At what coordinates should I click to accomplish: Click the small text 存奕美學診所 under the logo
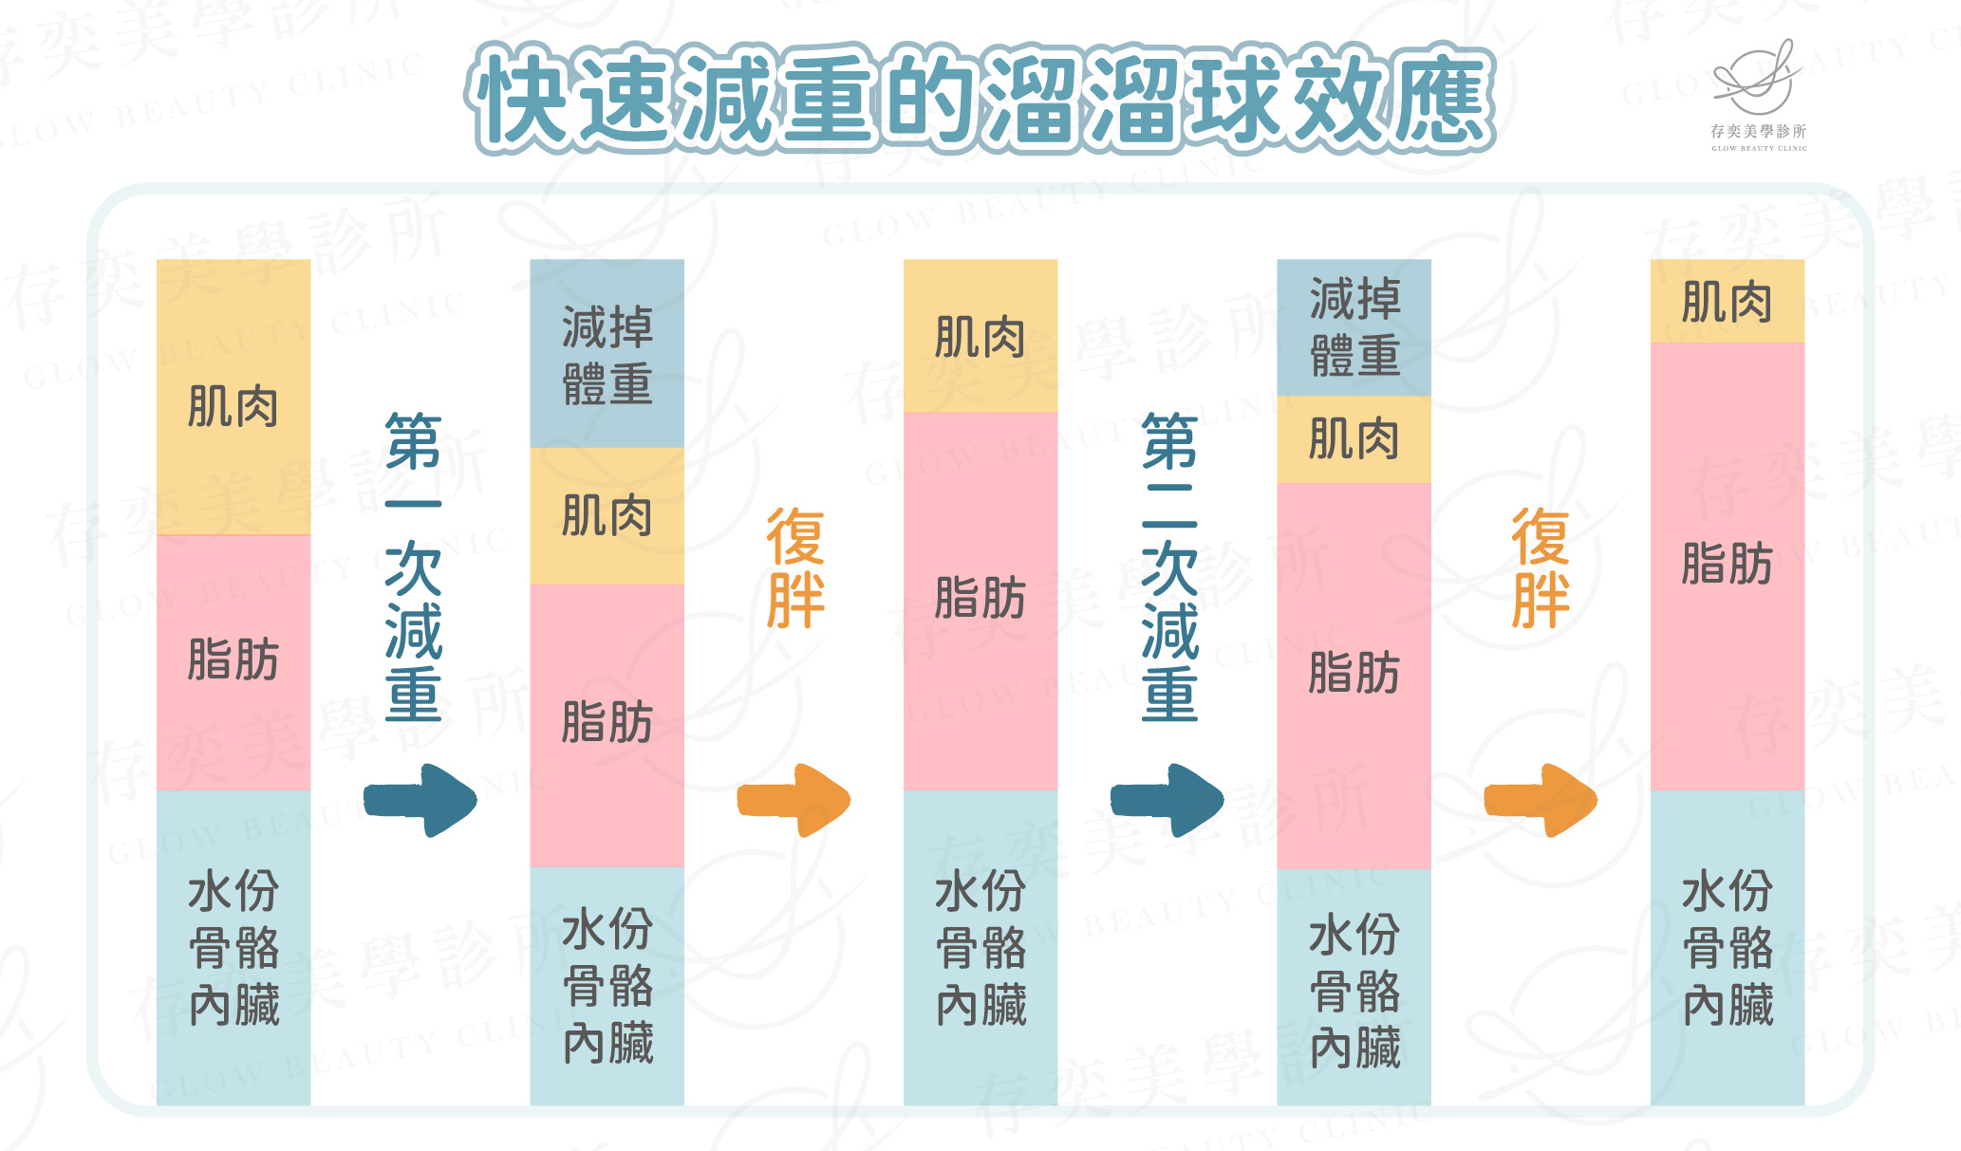[1758, 132]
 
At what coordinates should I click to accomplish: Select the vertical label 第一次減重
[414, 566]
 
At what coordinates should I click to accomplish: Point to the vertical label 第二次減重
[1169, 566]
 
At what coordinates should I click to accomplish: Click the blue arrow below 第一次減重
[420, 800]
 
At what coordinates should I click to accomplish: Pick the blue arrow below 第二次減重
[1167, 800]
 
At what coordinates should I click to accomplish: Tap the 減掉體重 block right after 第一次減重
[607, 354]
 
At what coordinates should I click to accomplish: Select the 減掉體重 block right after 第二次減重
[1354, 327]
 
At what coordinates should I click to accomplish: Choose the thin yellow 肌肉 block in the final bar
[1727, 302]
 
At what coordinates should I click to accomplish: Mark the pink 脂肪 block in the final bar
[1727, 566]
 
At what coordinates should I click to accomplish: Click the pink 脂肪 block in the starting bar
[233, 661]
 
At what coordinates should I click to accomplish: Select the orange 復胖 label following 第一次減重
[795, 567]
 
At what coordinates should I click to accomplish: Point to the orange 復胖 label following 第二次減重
[1540, 567]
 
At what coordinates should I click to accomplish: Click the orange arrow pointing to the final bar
[1540, 800]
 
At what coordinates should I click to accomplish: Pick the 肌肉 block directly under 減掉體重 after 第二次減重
[1354, 439]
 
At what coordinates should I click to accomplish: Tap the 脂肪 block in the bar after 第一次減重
[607, 724]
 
